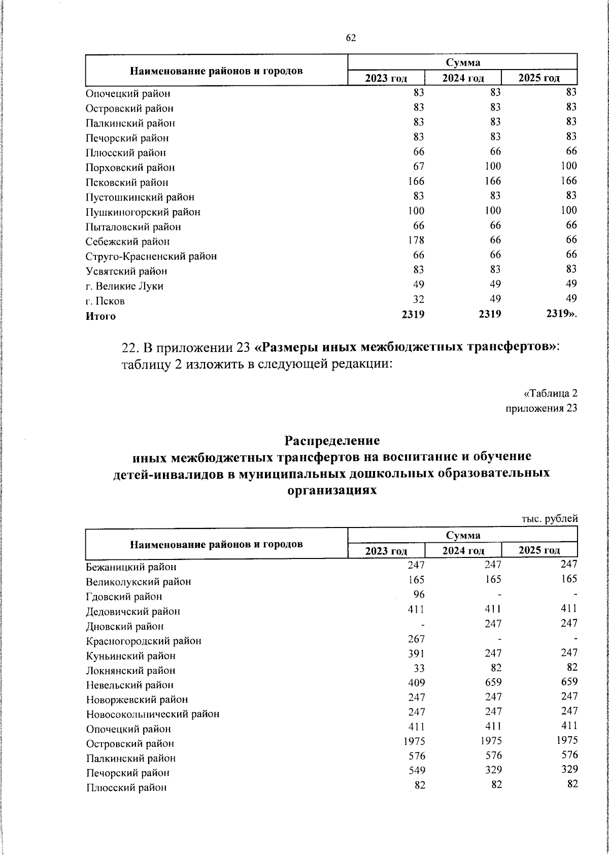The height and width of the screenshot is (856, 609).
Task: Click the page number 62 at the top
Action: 351,38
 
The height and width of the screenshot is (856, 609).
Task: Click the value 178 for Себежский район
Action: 416,240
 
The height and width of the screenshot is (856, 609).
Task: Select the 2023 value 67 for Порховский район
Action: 419,166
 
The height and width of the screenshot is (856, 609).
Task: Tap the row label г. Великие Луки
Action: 124,286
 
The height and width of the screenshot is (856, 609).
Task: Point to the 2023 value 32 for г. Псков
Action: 419,299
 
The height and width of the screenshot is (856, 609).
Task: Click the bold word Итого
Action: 100,316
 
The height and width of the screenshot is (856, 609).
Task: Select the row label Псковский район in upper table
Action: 126,182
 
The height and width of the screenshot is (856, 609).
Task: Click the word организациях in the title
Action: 332,490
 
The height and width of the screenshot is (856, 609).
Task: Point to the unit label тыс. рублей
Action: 550,519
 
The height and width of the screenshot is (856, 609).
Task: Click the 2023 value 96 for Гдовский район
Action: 419,594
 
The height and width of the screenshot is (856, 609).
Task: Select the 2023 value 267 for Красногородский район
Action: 416,638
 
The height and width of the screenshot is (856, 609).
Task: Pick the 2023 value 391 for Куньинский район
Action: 416,653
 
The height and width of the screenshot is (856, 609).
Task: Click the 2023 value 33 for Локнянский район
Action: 419,668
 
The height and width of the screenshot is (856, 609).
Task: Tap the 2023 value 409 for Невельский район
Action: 416,683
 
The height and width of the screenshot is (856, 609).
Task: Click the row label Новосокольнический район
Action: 153,714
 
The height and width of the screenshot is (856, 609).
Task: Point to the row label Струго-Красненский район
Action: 151,256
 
